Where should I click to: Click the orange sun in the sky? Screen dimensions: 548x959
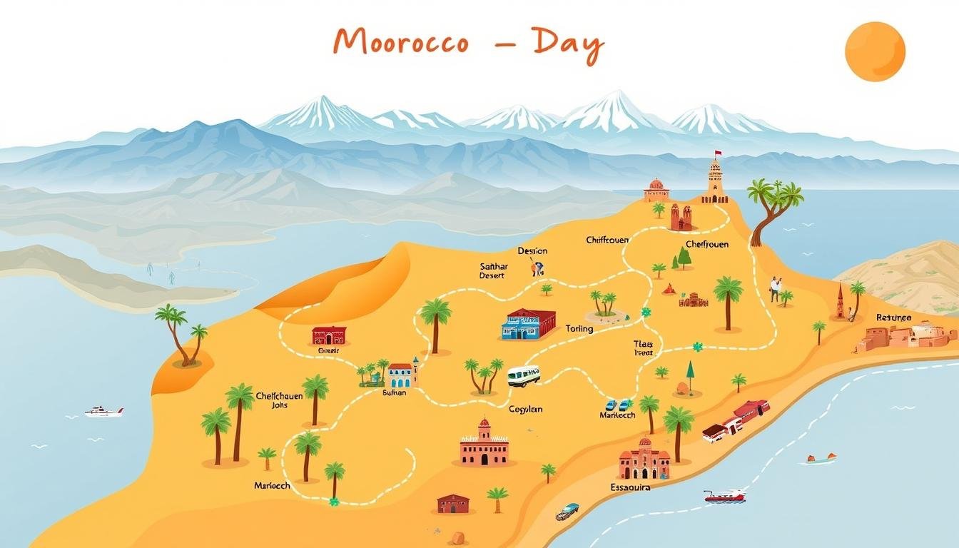875,51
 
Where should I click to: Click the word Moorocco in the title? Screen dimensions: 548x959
401,43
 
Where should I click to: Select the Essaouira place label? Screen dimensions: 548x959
630,487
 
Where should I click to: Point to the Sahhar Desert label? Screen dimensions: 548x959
492,270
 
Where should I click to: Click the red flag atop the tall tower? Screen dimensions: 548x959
719,153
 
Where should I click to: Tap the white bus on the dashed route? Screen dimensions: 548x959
524,376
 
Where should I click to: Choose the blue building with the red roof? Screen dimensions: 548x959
528,324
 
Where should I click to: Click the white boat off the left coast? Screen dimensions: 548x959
103,412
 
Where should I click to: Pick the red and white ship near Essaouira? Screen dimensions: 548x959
724,496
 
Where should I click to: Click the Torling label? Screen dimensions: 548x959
579,329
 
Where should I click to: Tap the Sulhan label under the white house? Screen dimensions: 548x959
394,392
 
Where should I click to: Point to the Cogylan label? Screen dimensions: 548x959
525,409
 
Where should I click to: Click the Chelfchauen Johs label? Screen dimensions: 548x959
279,400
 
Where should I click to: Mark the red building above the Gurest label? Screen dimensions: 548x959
329,335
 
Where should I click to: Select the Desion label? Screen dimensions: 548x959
532,251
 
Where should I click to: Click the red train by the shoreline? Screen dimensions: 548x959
736,420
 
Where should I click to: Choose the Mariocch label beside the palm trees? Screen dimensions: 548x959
272,486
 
